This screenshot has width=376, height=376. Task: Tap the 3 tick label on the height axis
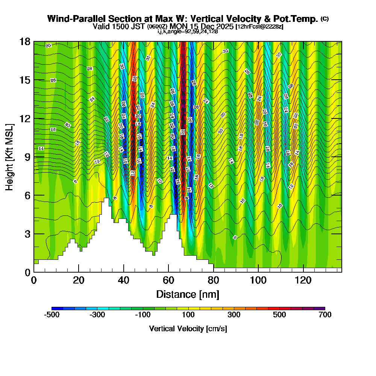pyautogui.click(x=27, y=234)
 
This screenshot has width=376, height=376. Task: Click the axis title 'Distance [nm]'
pyautogui.click(x=188, y=294)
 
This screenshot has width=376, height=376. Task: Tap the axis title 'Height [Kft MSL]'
pyautogui.click(x=10, y=156)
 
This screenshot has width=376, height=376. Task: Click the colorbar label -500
pyautogui.click(x=52, y=315)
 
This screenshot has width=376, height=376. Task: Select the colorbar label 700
pyautogui.click(x=325, y=315)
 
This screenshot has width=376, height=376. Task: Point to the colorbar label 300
pyautogui.click(x=234, y=315)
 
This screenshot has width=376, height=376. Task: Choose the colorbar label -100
pyautogui.click(x=143, y=315)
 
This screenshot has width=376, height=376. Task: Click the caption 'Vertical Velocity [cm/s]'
pyautogui.click(x=188, y=329)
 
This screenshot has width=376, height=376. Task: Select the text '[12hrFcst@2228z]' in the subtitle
pyautogui.click(x=259, y=27)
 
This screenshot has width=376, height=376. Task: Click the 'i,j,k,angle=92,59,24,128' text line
pyautogui.click(x=188, y=32)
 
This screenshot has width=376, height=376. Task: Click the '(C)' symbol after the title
pyautogui.click(x=324, y=19)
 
